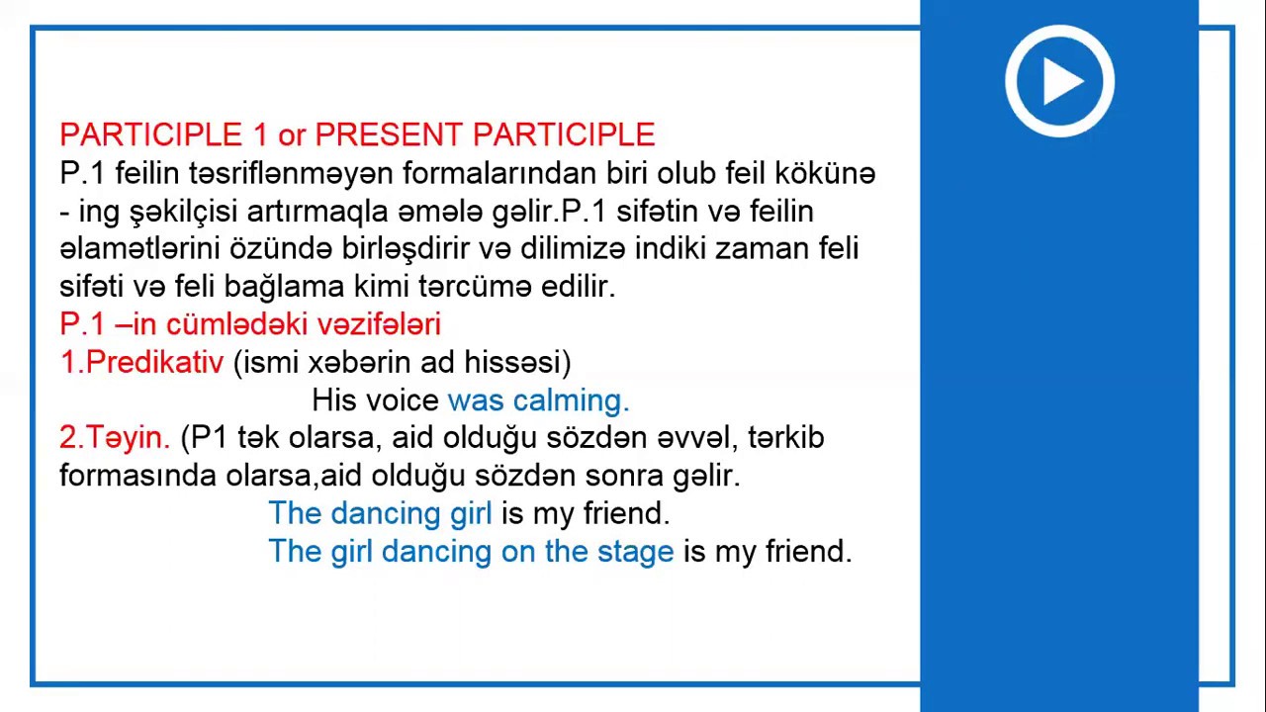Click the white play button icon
click(1059, 81)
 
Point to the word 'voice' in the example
click(403, 400)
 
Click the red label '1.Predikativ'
click(141, 362)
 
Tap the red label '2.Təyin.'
click(115, 437)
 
